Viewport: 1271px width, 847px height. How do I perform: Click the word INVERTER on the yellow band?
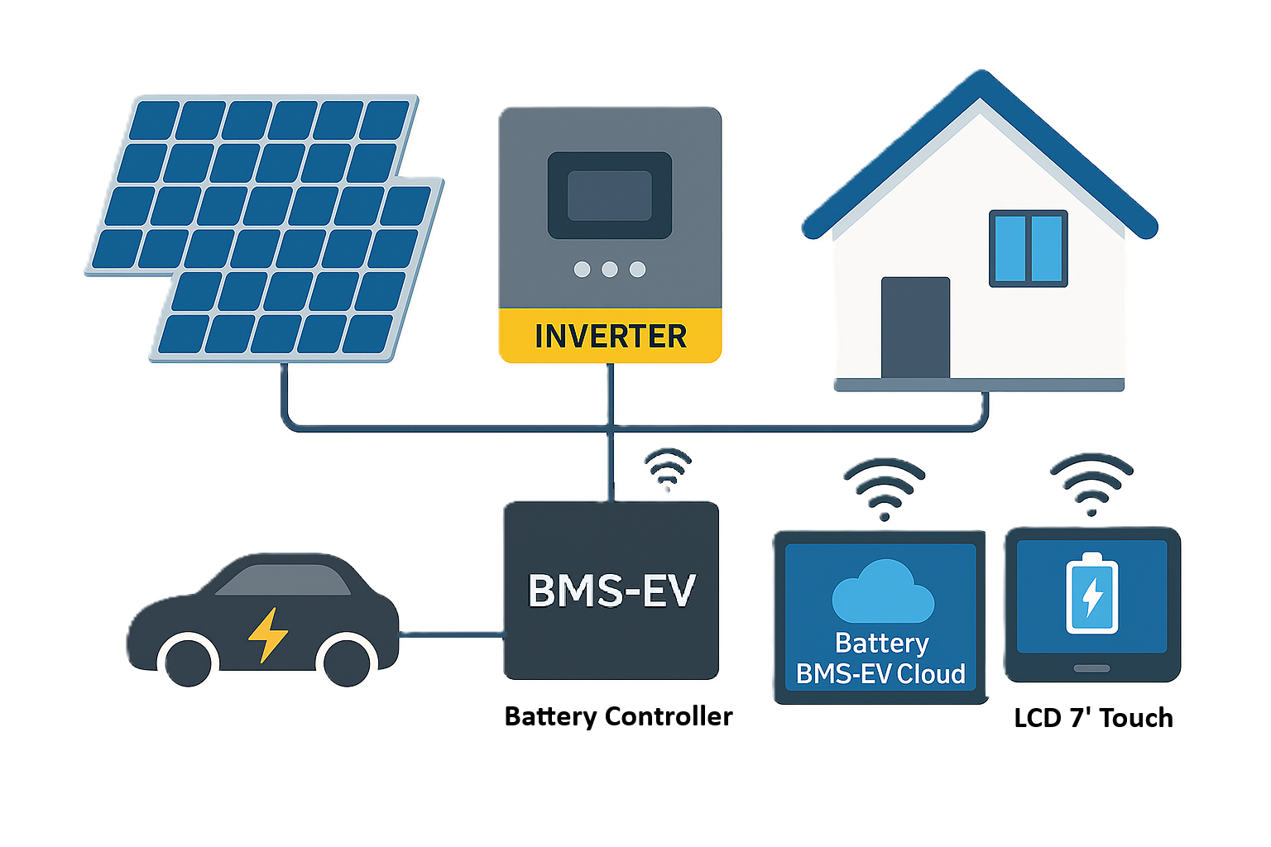click(x=611, y=337)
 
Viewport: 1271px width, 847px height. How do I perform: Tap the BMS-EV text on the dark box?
click(x=612, y=591)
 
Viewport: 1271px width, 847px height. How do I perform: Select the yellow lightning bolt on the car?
click(x=268, y=634)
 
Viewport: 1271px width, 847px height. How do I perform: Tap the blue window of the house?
click(x=1029, y=248)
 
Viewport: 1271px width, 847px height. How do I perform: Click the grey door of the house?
click(x=915, y=328)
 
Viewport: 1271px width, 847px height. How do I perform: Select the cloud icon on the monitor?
click(x=882, y=592)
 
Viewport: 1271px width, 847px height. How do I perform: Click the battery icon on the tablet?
click(x=1091, y=594)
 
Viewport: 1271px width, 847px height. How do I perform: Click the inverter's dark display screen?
click(x=610, y=196)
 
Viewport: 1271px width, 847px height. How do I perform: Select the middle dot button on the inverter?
click(x=610, y=270)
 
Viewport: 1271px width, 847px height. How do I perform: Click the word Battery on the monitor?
click(x=882, y=644)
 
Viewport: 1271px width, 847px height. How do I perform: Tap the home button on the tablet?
click(x=1092, y=668)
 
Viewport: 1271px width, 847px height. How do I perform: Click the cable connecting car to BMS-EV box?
click(x=452, y=635)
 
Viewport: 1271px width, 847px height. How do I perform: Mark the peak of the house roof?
click(x=981, y=77)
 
